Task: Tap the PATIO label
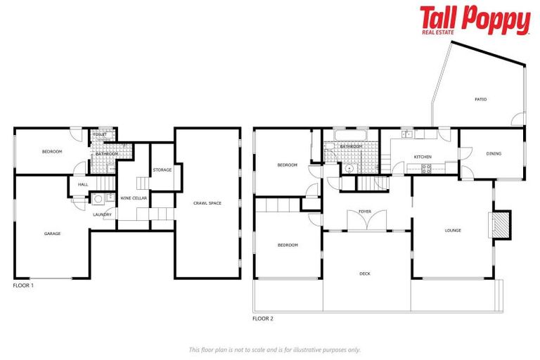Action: (x=480, y=99)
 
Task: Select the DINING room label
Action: (x=494, y=153)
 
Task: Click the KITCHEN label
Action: (x=423, y=157)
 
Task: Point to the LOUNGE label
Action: (x=453, y=230)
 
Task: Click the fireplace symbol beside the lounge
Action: (x=501, y=225)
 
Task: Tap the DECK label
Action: (x=365, y=274)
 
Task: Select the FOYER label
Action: (x=365, y=211)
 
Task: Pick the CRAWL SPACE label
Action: (x=207, y=203)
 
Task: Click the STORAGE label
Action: (x=162, y=169)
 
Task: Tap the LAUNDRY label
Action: (x=102, y=214)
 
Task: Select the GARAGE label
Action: (x=52, y=233)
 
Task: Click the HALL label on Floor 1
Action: (x=83, y=185)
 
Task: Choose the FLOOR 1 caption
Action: (x=23, y=286)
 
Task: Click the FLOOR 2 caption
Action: (x=262, y=319)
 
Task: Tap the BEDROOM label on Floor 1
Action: (x=52, y=152)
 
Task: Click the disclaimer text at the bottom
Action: (x=275, y=349)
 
